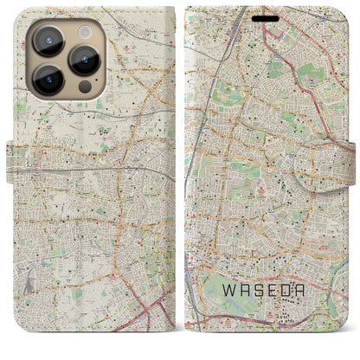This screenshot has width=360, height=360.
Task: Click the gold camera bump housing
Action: coord(67,59)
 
